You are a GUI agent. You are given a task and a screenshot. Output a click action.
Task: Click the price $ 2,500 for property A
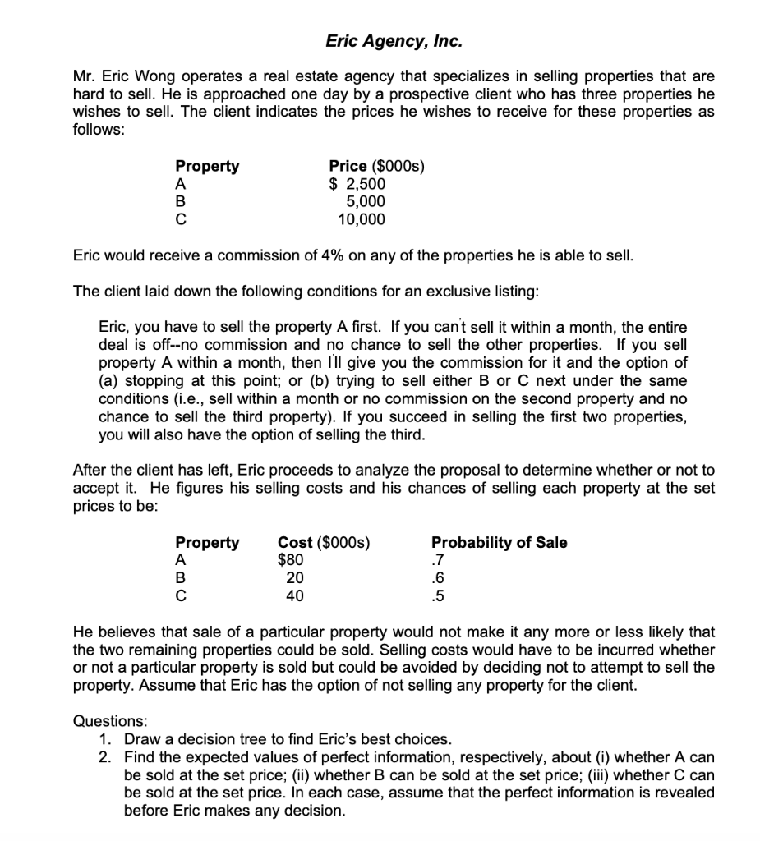[x=357, y=184]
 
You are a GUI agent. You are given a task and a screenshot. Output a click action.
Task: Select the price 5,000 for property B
[x=366, y=202]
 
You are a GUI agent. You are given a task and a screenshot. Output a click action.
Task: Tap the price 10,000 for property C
[x=362, y=219]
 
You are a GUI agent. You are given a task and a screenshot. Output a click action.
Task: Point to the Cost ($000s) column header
[x=324, y=543]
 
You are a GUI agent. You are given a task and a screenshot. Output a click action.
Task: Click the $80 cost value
[x=290, y=561]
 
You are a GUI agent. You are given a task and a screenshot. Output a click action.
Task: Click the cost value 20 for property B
[x=294, y=578]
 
